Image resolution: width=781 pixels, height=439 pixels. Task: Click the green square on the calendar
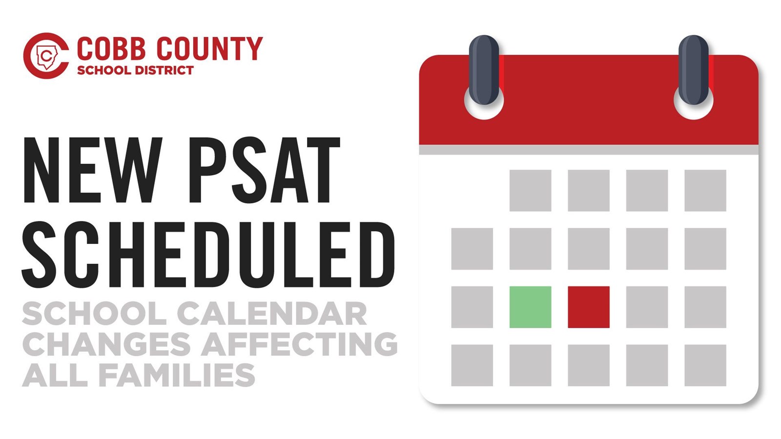click(x=530, y=307)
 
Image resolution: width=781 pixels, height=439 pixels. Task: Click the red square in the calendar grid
click(x=589, y=307)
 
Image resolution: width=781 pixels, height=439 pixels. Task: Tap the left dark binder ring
click(x=484, y=70)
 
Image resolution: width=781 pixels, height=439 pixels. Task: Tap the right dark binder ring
click(x=694, y=70)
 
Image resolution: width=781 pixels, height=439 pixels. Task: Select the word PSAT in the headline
click(x=265, y=170)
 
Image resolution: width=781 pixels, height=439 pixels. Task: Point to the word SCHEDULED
click(x=208, y=255)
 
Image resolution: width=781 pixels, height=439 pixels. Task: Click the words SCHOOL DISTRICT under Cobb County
click(x=135, y=70)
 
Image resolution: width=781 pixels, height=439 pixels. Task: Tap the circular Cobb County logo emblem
click(x=46, y=56)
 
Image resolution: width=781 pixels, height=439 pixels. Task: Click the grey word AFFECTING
click(x=299, y=344)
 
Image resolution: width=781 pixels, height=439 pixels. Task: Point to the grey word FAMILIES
click(x=177, y=375)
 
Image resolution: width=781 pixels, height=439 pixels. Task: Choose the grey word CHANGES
click(x=106, y=344)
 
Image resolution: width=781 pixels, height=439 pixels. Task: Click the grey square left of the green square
click(x=472, y=307)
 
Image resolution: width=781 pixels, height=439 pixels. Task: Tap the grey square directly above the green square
click(x=530, y=249)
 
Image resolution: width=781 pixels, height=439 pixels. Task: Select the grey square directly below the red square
click(x=589, y=365)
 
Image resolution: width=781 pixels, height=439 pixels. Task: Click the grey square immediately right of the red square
click(x=647, y=307)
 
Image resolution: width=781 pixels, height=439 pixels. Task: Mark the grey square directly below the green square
click(x=530, y=365)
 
